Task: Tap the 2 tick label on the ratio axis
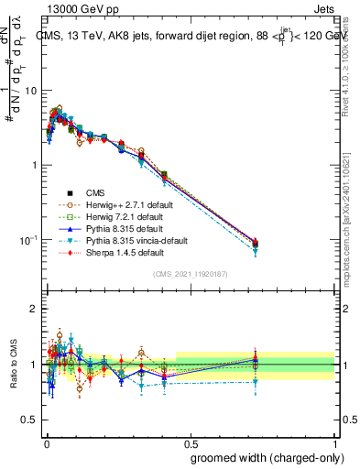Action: point(34,310)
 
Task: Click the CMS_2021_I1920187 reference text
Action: point(190,275)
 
